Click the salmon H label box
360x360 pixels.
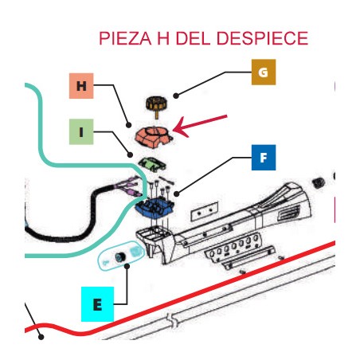[x=81, y=86]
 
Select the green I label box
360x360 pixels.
[x=81, y=131]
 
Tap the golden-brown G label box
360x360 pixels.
[x=264, y=72]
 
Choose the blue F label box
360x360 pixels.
[x=264, y=158]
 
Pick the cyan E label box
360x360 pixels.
[x=97, y=304]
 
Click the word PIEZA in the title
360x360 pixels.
[x=125, y=38]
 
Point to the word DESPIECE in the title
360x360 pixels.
[x=262, y=38]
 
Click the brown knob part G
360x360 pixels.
[x=156, y=105]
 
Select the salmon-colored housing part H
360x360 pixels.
[x=154, y=136]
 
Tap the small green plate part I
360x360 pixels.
[x=152, y=164]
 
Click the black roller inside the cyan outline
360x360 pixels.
[x=120, y=256]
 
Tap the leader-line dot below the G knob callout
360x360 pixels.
[x=176, y=96]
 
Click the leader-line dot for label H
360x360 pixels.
[x=129, y=125]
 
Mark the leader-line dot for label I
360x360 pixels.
[x=130, y=155]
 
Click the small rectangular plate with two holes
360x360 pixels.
[x=205, y=211]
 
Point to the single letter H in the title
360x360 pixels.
[x=163, y=38]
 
